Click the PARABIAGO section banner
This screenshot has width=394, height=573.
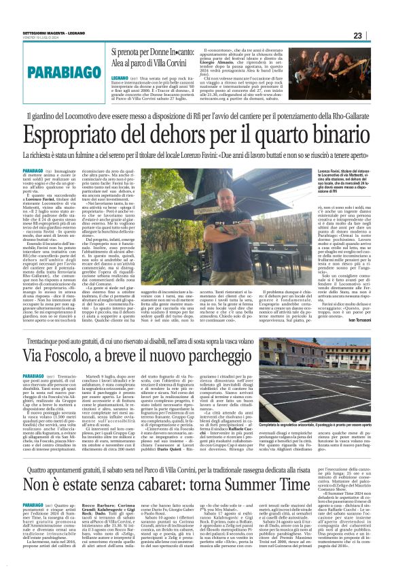click(46, 70)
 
